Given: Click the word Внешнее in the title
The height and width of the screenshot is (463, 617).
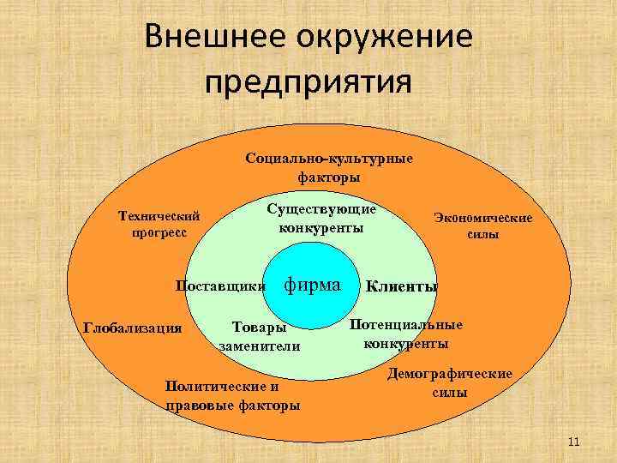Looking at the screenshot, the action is point(211,38).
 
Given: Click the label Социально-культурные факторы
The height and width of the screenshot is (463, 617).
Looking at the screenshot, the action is point(329,168).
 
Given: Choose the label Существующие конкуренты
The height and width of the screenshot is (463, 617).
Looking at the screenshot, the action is point(321,218).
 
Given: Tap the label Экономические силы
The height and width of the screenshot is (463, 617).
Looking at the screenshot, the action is point(483,226).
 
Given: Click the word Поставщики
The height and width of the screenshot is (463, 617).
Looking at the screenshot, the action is point(219,285).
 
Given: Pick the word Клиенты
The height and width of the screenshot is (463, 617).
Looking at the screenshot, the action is point(402,286).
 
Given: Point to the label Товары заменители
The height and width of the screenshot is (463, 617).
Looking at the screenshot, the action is point(260,337).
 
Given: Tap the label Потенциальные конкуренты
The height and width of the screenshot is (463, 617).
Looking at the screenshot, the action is point(406,334).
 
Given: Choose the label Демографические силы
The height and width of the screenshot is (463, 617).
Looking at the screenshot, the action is point(451,383).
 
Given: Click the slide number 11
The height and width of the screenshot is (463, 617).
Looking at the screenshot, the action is point(574,442).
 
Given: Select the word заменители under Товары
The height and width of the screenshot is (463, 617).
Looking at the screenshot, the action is point(260,346).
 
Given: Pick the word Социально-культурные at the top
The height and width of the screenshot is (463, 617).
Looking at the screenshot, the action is point(329,159).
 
